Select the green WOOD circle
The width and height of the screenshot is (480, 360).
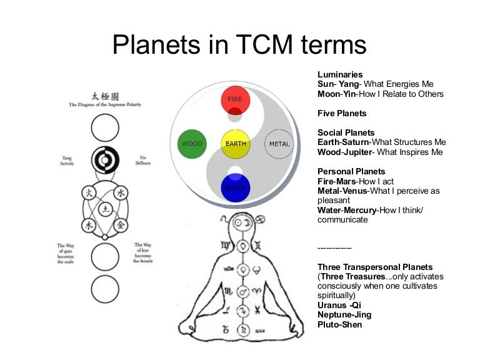pyautogui.click(x=192, y=144)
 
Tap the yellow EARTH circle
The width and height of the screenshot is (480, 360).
pyautogui.click(x=236, y=144)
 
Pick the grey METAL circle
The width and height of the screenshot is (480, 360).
pyautogui.click(x=279, y=144)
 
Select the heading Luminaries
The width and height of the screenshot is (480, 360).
pyautogui.click(x=340, y=74)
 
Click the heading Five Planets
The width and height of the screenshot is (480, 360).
pyautogui.click(x=342, y=113)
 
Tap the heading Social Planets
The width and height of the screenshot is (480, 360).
pyautogui.click(x=346, y=132)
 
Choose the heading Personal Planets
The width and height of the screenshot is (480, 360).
pyautogui.click(x=351, y=171)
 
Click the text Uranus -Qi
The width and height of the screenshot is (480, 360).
pyautogui.click(x=339, y=305)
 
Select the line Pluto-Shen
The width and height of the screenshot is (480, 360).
pyautogui.click(x=340, y=324)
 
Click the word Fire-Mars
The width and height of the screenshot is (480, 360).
pyautogui.click(x=337, y=181)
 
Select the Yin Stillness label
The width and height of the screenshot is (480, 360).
pyautogui.click(x=142, y=162)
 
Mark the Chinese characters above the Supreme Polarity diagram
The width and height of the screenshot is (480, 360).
pyautogui.click(x=104, y=97)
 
